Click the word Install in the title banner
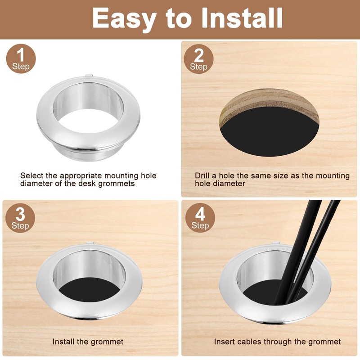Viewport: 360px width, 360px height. pyautogui.click(x=242, y=18)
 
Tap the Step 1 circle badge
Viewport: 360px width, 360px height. pyautogui.click(x=21, y=59)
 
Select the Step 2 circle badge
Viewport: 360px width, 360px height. pyautogui.click(x=198, y=59)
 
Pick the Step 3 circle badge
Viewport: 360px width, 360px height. pyautogui.click(x=20, y=218)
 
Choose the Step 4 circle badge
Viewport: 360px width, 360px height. pyautogui.click(x=200, y=218)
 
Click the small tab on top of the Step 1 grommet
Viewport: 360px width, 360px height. pyautogui.click(x=89, y=75)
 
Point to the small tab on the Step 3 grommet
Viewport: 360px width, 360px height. pyautogui.click(x=90, y=243)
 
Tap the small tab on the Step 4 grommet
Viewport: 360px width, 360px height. pyautogui.click(x=276, y=243)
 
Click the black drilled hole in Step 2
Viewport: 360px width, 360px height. pyautogui.click(x=269, y=133)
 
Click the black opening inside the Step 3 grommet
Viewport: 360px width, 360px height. pyautogui.click(x=89, y=290)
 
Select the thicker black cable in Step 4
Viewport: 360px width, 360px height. pyautogui.click(x=296, y=252)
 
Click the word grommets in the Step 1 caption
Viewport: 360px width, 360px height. pyautogui.click(x=117, y=184)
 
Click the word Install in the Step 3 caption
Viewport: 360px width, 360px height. pyautogui.click(x=64, y=342)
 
